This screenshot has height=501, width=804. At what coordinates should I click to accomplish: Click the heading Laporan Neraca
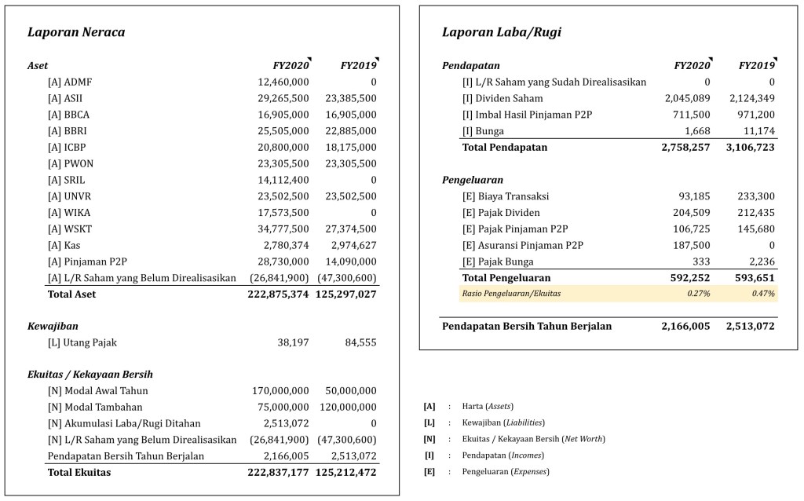tap(76, 32)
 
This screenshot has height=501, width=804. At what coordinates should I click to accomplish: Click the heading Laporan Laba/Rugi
tap(501, 32)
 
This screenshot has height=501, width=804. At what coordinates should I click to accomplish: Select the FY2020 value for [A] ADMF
tap(283, 82)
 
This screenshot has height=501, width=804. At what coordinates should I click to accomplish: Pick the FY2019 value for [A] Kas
tap(350, 246)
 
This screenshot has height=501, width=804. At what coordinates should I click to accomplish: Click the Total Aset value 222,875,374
tap(267, 295)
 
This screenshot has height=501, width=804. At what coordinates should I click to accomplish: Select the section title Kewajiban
tap(53, 326)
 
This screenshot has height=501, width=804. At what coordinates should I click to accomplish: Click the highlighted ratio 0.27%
tap(699, 294)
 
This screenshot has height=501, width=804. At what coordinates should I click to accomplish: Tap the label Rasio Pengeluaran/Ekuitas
tap(511, 294)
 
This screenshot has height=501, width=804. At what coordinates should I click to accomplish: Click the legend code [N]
tap(429, 439)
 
